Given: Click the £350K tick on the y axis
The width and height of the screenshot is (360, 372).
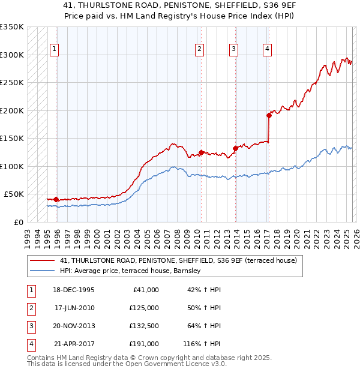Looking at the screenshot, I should tap(12, 27).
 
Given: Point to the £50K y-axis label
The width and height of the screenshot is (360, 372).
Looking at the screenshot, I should tap(14, 194).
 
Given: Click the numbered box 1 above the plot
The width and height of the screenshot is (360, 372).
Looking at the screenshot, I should tap(55, 50).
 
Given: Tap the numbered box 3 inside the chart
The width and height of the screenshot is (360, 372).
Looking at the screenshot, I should tap(233, 50).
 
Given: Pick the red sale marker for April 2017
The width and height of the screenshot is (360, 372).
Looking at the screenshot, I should tap(269, 116).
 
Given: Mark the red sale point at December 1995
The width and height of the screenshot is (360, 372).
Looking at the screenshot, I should tap(56, 199).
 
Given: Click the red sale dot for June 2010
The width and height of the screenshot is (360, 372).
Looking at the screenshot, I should tap(201, 152).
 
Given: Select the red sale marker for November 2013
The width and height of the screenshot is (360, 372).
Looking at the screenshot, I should tap(235, 148).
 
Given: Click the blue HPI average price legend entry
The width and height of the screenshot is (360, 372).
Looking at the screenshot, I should tap(133, 271).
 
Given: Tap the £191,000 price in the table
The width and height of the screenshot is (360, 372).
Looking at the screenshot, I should tap(144, 344).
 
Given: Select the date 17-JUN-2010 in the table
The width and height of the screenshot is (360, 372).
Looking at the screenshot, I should tap(74, 308).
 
